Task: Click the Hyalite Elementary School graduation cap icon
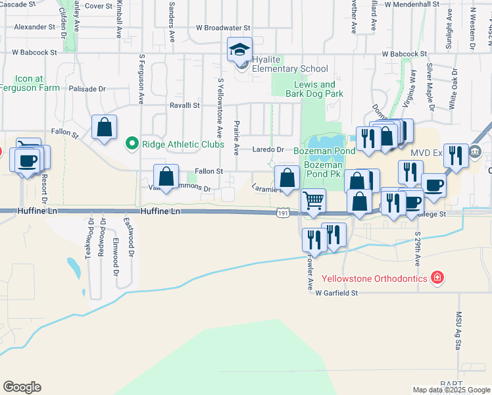[240, 49]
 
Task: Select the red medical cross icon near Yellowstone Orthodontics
[436, 278]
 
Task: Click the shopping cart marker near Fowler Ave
[314, 199]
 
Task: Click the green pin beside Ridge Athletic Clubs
[132, 142]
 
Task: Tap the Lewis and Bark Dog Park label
[314, 89]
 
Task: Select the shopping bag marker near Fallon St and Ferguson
[104, 128]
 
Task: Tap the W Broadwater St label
[224, 28]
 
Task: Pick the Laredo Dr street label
[269, 149]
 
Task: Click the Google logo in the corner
[22, 387]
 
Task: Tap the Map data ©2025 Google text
[451, 390]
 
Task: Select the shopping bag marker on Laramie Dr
[287, 177]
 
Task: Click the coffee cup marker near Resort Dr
[27, 161]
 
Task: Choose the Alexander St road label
[34, 28]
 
